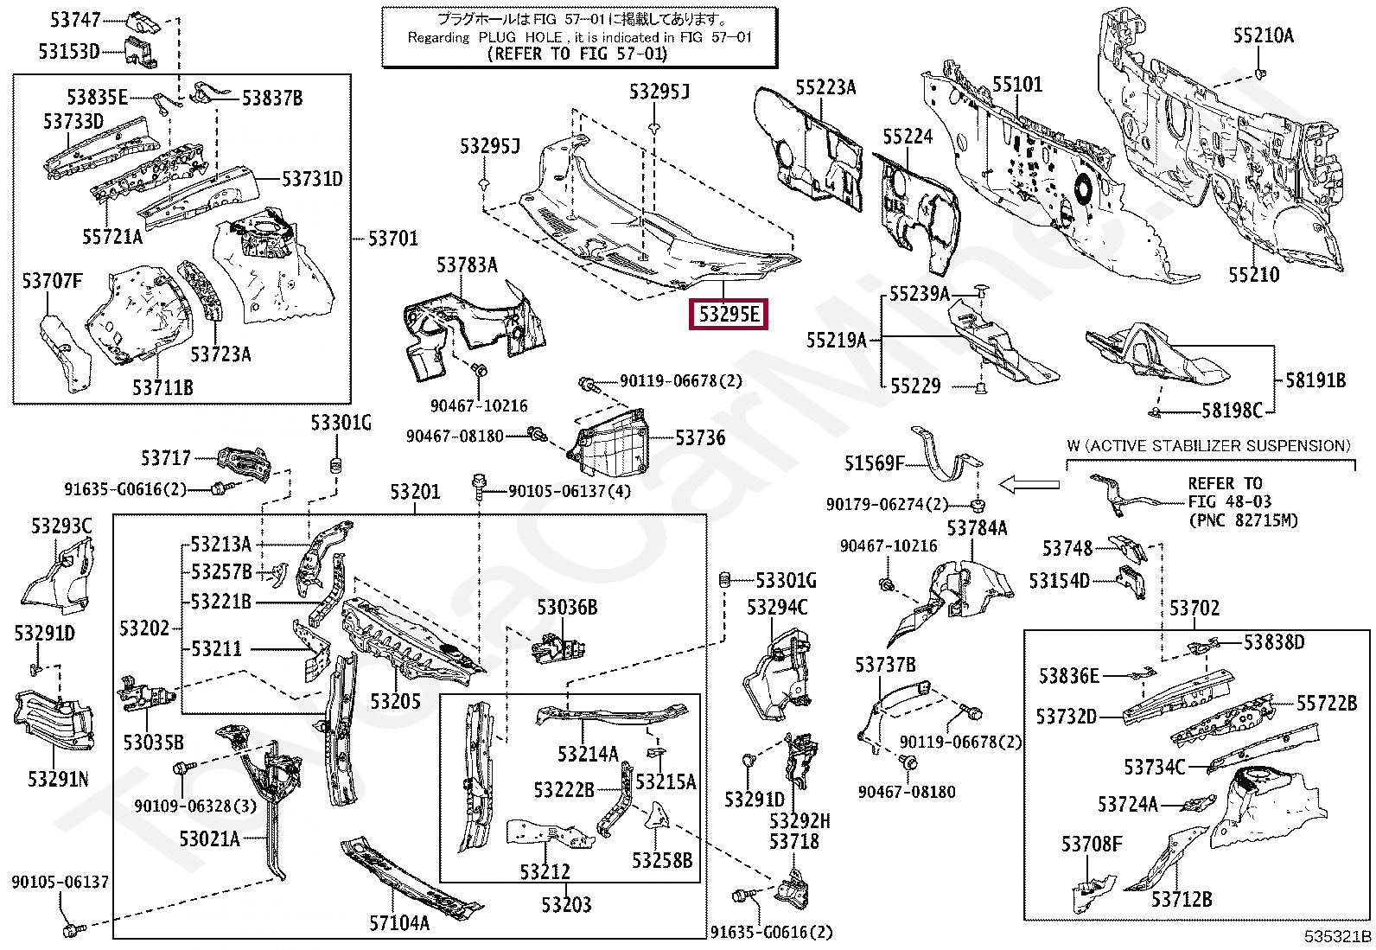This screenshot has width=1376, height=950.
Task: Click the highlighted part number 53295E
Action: pos(729,315)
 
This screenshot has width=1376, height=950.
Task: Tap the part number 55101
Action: pos(1017,84)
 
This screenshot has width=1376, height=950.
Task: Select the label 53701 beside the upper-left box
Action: pos(393,239)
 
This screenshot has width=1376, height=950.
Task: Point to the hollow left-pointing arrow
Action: pos(1029,485)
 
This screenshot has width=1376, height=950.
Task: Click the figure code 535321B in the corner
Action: pos(1337,936)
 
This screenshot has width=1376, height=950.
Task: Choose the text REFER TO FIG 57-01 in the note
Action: pos(577,54)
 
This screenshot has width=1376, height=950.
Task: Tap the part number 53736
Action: pos(700,438)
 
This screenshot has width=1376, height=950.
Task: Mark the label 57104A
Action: pos(399,922)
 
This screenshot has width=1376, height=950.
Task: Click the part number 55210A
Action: pos(1264,35)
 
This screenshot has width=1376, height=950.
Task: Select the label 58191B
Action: pos(1315,381)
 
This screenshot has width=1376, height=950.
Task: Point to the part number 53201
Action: pos(415,492)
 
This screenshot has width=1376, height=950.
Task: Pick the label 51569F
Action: pos(875,463)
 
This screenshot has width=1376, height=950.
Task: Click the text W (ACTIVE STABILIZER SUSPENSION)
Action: pos(1209,445)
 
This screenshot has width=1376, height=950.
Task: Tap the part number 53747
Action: pos(75,20)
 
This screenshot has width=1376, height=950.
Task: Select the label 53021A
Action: pos(209,838)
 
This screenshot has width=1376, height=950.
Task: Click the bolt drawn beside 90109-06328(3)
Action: pos(184,768)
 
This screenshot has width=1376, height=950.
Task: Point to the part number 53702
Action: pos(1194,609)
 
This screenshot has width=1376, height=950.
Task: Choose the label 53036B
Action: pos(567,608)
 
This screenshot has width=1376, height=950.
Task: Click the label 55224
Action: pos(908,137)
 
